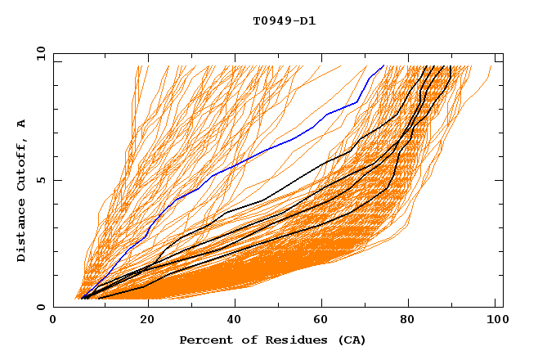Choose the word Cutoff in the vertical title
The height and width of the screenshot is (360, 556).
[x=22, y=164]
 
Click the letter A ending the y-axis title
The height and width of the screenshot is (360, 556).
[x=22, y=123]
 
